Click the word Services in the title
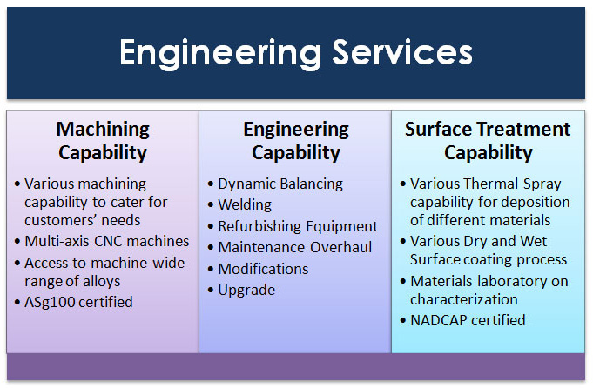pos(402,52)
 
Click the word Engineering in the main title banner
pos(220,54)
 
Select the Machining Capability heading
pos(103,141)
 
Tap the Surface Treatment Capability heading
pos(488,141)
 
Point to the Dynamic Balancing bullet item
pos(280,184)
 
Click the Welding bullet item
pos(245,204)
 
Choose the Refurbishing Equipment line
pos(298,226)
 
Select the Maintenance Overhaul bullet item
pos(295,247)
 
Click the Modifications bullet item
pos(263,269)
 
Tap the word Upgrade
pos(246,291)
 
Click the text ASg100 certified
pos(78,302)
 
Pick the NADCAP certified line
pos(468,320)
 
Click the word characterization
pos(464,299)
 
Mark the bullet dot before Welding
pos(211,205)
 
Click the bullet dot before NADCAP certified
pos(403,321)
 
